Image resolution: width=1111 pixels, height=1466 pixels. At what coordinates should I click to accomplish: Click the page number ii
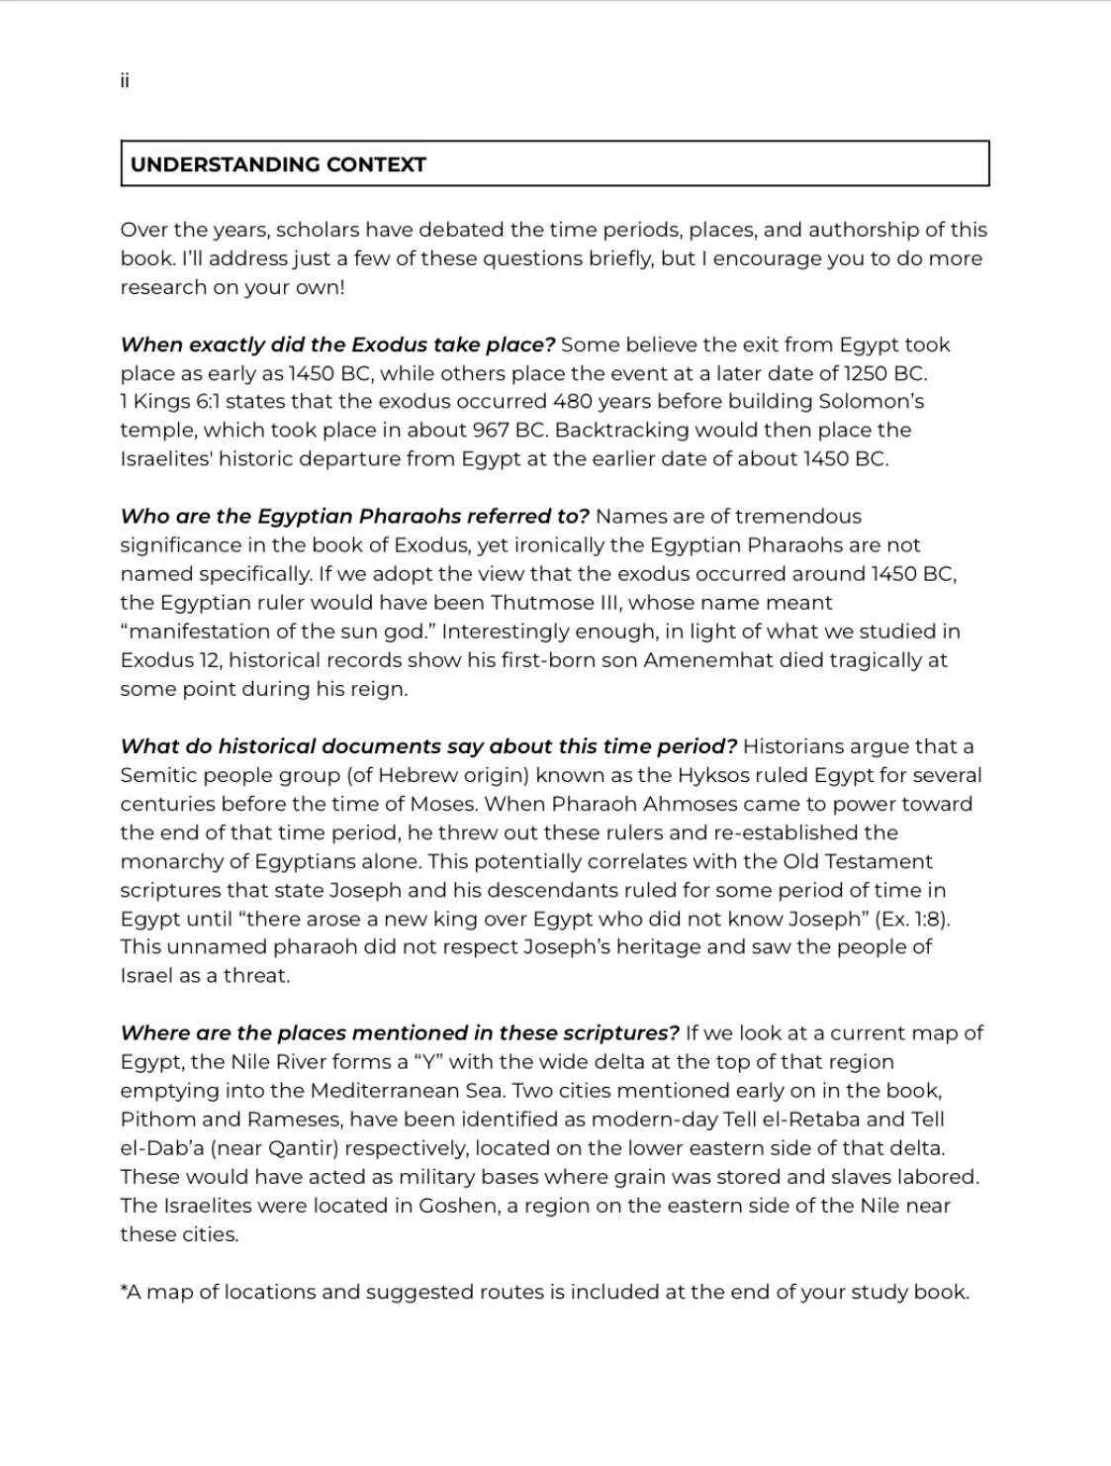pyautogui.click(x=125, y=81)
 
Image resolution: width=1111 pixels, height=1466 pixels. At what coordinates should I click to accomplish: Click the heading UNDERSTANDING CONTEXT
pyautogui.click(x=278, y=165)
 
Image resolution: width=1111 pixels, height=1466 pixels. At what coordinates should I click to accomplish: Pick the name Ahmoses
pyautogui.click(x=715, y=804)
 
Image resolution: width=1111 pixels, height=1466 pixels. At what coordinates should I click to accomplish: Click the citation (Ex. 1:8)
pyautogui.click(x=912, y=919)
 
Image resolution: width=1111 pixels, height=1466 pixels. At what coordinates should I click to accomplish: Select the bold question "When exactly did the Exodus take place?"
pyautogui.click(x=337, y=344)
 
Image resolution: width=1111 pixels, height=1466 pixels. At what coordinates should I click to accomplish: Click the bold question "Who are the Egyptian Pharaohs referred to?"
pyautogui.click(x=354, y=517)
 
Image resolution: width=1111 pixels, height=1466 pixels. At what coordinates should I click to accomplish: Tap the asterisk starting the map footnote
pyautogui.click(x=124, y=1289)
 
